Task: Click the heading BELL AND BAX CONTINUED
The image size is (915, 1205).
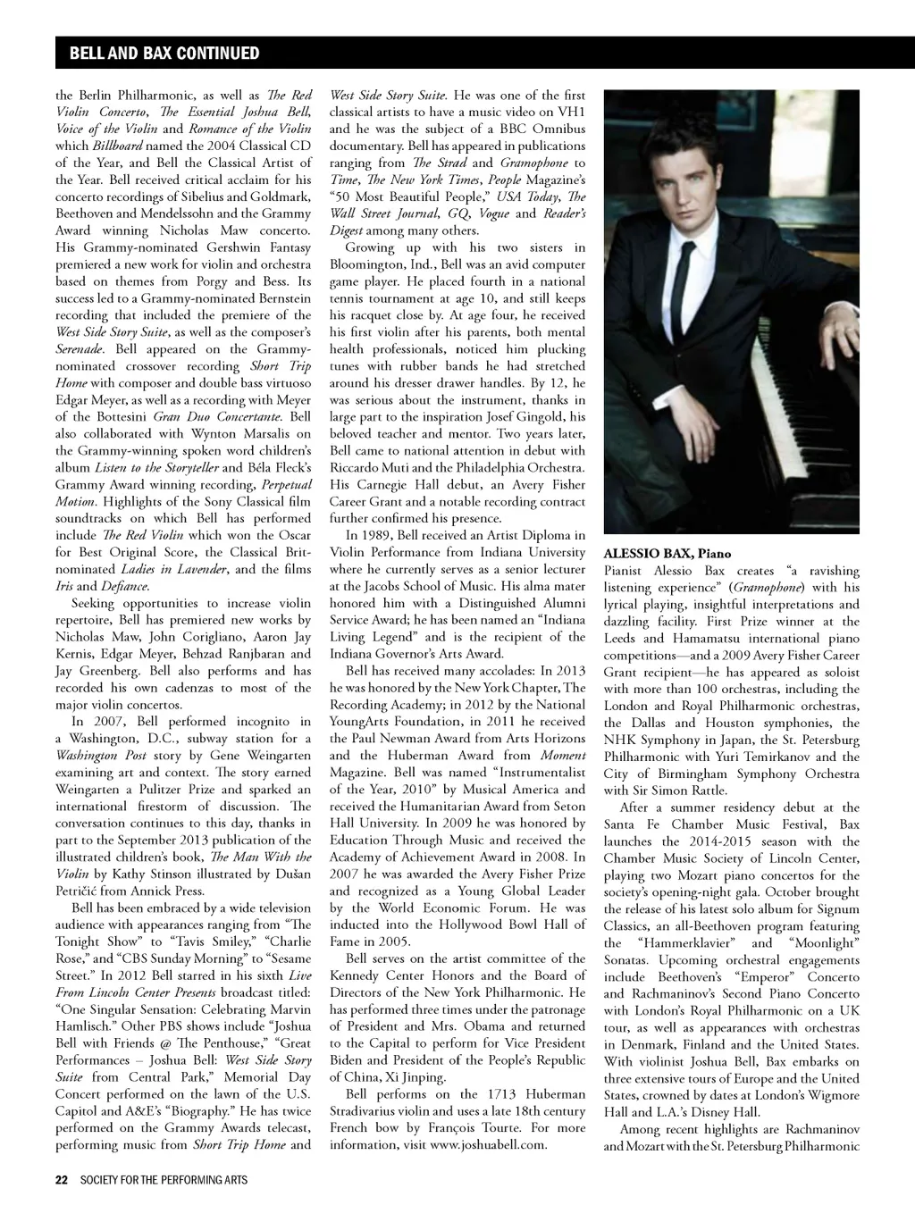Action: pyautogui.click(x=164, y=54)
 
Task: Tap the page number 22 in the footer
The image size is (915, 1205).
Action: pyautogui.click(x=62, y=1180)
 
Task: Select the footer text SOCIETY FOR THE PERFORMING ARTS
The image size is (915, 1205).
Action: pyautogui.click(x=164, y=1180)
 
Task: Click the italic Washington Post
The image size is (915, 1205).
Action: pyautogui.click(x=93, y=755)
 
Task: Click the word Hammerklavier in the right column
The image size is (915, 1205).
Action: pyautogui.click(x=685, y=942)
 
